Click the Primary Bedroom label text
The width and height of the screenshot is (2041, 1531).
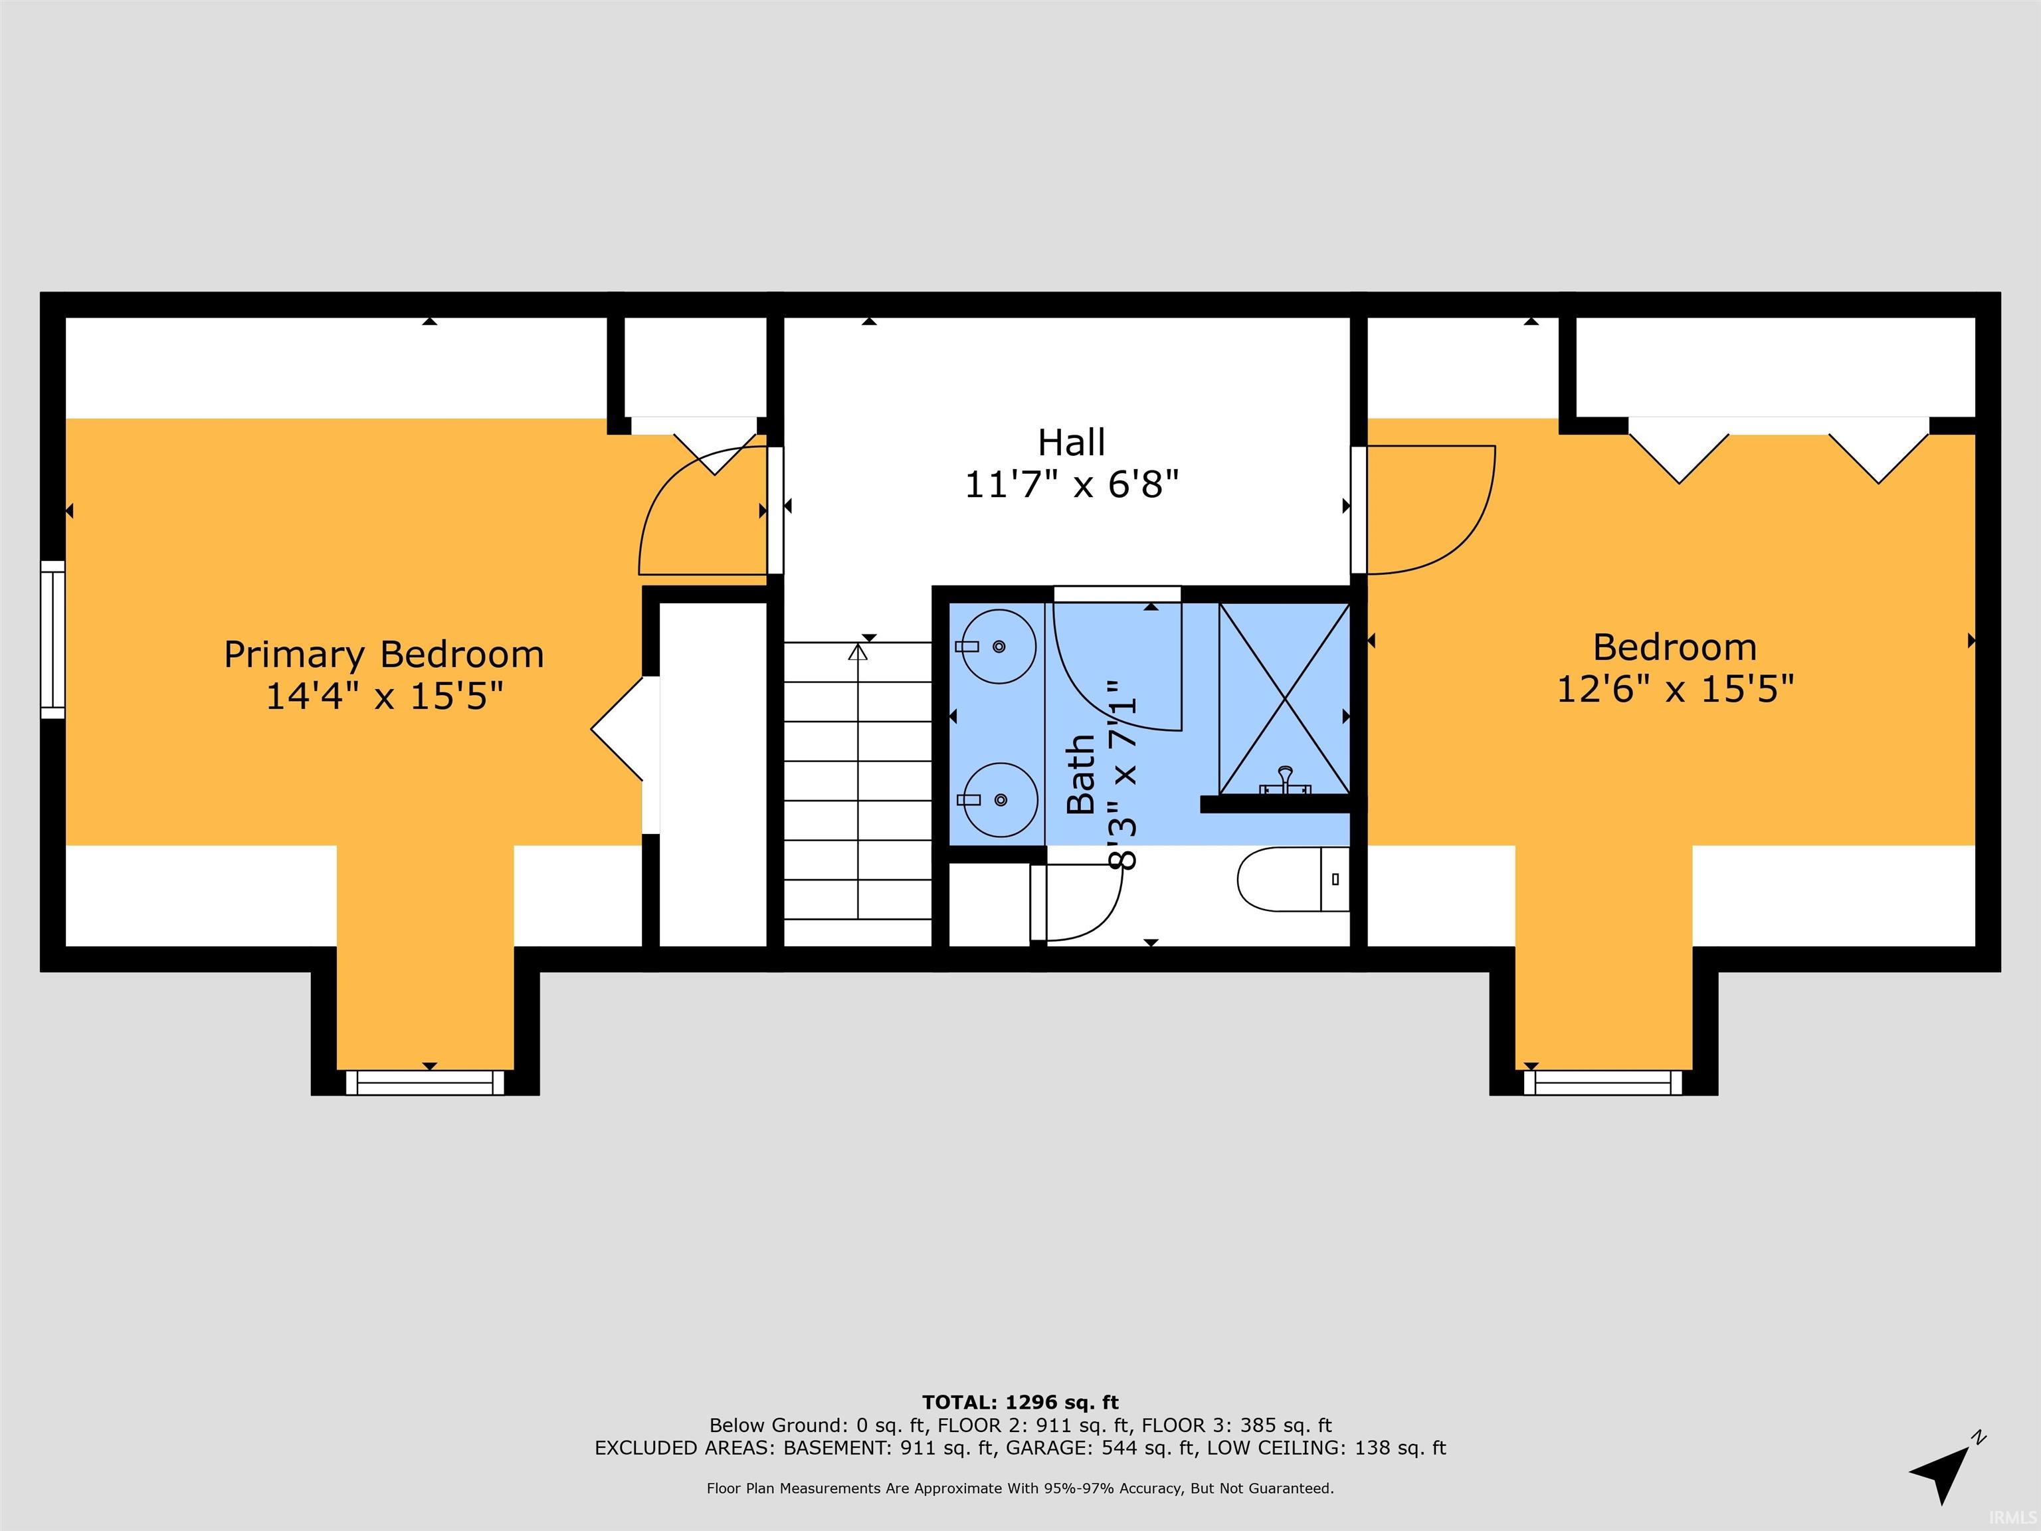click(x=384, y=655)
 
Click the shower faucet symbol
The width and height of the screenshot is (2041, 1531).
click(x=1284, y=781)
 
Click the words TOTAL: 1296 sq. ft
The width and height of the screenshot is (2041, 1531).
click(x=1020, y=1403)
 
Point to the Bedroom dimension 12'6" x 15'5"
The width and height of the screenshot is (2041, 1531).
click(x=1676, y=689)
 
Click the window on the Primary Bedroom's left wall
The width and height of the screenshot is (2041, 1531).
click(x=52, y=639)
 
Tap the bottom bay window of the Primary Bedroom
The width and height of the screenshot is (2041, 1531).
click(x=425, y=1082)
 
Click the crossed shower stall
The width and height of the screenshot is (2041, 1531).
click(x=1284, y=698)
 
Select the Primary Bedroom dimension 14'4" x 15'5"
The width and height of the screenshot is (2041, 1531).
click(x=385, y=696)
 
